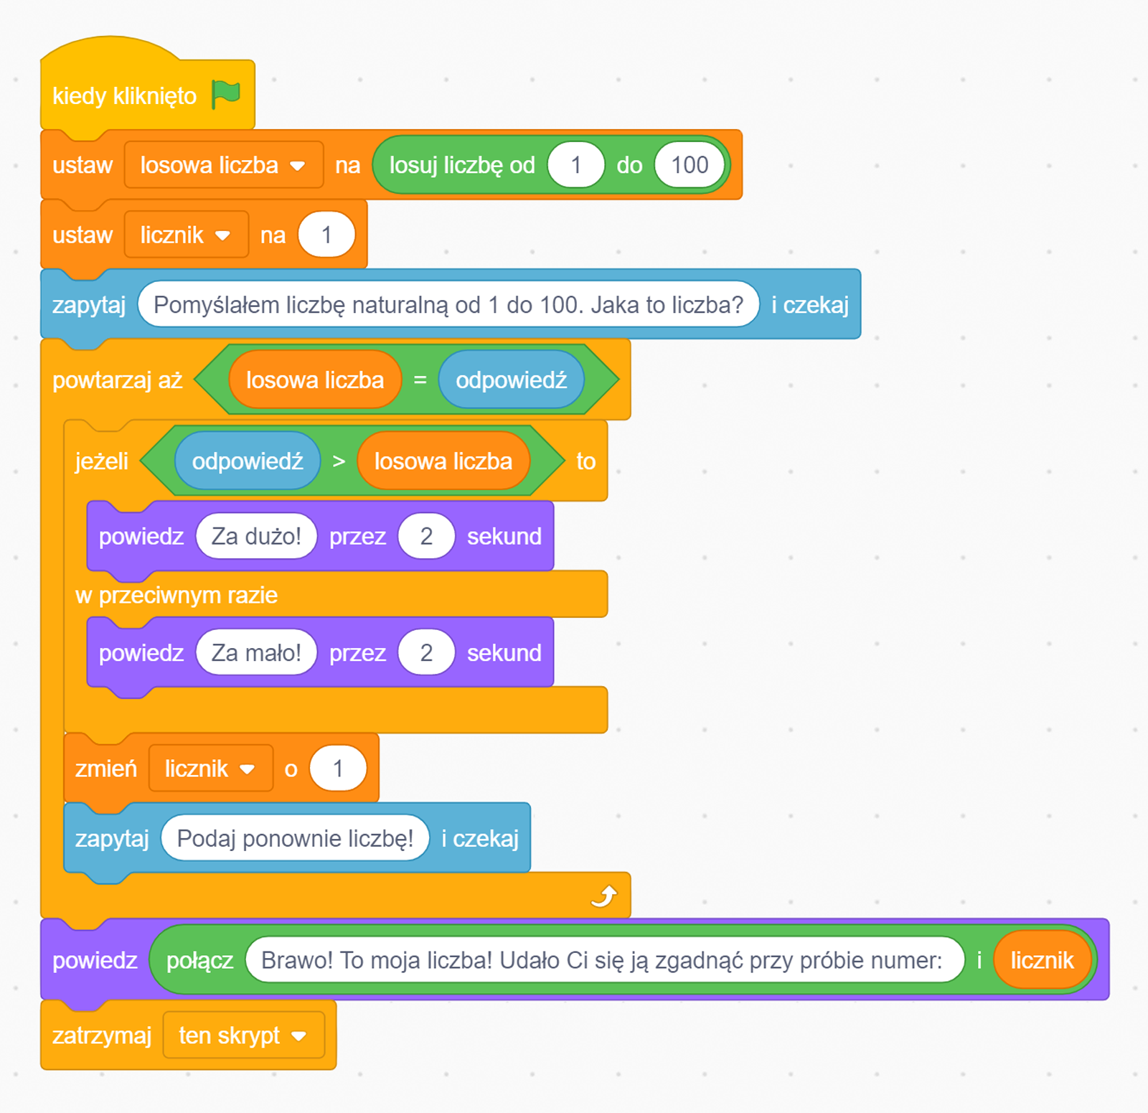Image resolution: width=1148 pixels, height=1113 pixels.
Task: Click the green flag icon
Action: [226, 94]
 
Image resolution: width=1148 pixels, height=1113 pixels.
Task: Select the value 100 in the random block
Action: [689, 165]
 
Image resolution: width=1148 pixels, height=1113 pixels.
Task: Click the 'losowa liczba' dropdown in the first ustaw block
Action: [223, 165]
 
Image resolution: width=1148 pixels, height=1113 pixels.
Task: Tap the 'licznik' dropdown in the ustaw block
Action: [186, 235]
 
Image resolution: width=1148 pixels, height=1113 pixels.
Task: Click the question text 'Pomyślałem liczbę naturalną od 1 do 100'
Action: [448, 305]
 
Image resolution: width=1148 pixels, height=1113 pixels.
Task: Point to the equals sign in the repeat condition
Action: [420, 380]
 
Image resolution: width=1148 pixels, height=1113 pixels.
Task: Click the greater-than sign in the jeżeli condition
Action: [339, 461]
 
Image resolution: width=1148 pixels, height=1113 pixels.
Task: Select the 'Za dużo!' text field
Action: [256, 536]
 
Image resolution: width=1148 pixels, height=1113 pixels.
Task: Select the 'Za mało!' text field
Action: [256, 653]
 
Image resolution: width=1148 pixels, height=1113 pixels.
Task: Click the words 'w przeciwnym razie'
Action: [177, 595]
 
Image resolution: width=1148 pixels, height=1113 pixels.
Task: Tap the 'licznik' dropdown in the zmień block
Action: [210, 769]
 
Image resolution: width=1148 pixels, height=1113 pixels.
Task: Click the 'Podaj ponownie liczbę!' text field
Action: [295, 838]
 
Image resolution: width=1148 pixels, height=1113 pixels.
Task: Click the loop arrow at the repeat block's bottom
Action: [603, 896]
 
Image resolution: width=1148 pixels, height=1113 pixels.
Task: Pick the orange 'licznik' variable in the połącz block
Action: [1042, 960]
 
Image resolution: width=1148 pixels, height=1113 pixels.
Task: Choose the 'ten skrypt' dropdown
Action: [243, 1035]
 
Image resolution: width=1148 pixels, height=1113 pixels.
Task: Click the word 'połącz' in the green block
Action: [199, 960]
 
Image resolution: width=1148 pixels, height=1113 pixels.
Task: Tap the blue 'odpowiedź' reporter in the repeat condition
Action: [511, 380]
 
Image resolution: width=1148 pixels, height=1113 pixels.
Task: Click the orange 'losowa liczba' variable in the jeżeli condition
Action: [443, 461]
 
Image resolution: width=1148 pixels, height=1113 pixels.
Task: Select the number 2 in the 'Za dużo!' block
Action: [426, 536]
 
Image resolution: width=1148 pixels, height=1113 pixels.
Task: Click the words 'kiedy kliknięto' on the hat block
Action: [124, 96]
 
